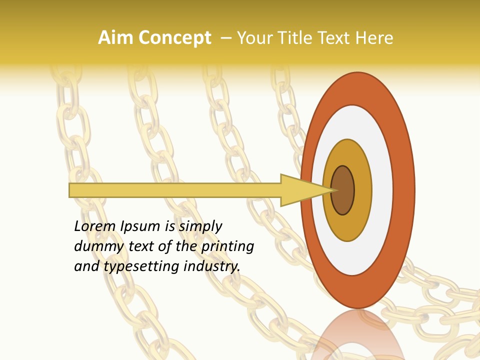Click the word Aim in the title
click(x=115, y=38)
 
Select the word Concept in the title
click(x=174, y=38)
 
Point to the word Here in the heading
click(x=375, y=38)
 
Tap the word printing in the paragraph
click(x=227, y=247)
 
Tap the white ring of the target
click(x=382, y=190)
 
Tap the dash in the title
click(x=225, y=38)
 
